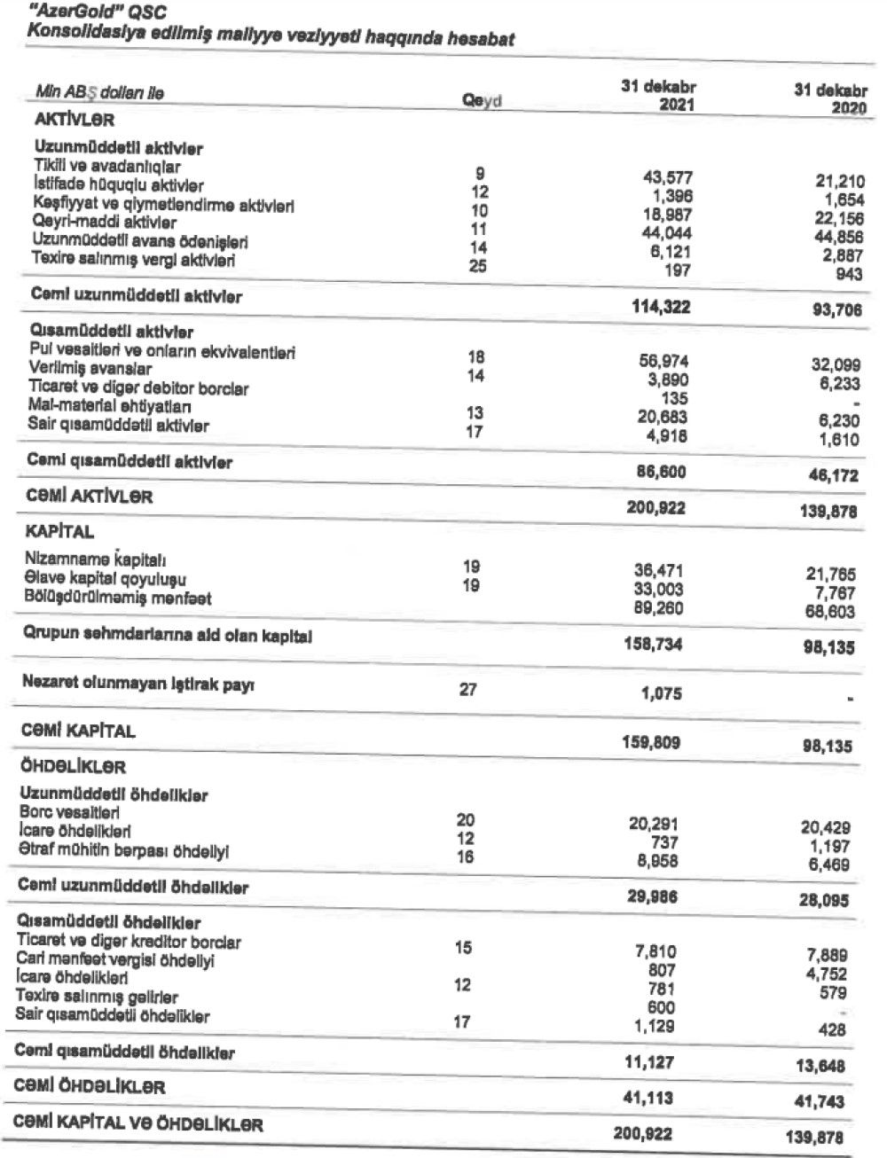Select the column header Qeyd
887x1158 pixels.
coord(482,101)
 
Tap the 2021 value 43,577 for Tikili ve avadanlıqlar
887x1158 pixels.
coord(666,177)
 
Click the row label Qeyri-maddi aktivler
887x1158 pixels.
coord(104,223)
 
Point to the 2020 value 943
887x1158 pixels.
coord(849,274)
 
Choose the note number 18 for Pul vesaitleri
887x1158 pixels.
coord(477,357)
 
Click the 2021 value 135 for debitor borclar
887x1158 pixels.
coord(675,398)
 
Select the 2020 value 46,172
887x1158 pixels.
coord(833,475)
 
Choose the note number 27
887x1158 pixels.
coord(468,689)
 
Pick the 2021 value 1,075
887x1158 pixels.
coord(662,694)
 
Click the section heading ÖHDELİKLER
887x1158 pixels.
coord(73,766)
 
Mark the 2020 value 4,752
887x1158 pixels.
coord(828,974)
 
